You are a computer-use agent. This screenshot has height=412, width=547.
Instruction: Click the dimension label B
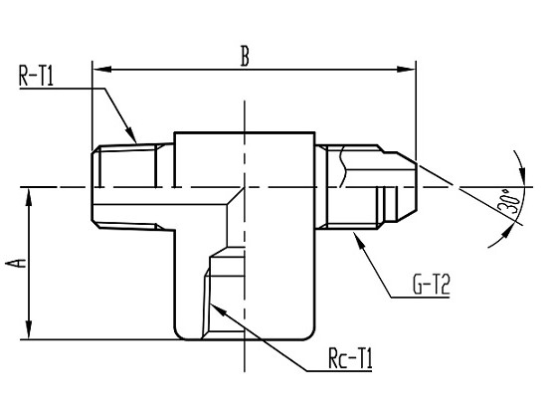pyautogui.click(x=246, y=56)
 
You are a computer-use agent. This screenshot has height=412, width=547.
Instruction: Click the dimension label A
pyautogui.click(x=17, y=264)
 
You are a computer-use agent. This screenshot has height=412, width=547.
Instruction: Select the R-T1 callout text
pyautogui.click(x=36, y=77)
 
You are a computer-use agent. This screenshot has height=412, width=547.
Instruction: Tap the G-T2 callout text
pyautogui.click(x=432, y=285)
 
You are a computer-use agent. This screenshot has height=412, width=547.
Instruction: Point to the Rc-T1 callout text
pyautogui.click(x=350, y=358)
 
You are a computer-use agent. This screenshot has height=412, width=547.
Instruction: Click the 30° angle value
pyautogui.click(x=509, y=202)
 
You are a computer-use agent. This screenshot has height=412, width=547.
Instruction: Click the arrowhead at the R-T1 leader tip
pyautogui.click(x=131, y=135)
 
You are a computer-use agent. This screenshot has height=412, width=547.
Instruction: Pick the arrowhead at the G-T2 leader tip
pyautogui.click(x=359, y=240)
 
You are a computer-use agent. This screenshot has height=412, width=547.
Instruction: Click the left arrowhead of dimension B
pyautogui.click(x=101, y=69)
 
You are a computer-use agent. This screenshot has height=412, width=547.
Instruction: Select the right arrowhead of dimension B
pyautogui.click(x=407, y=69)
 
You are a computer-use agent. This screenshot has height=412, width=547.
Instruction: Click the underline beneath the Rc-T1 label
pyautogui.click(x=339, y=370)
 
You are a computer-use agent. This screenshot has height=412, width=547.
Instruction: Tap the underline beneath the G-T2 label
pyautogui.click(x=420, y=298)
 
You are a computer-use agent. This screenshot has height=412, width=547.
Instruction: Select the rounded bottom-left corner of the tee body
pyautogui.click(x=179, y=334)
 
